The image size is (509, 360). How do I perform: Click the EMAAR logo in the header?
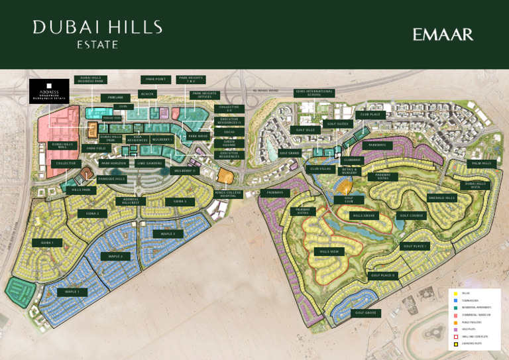tap(443, 34)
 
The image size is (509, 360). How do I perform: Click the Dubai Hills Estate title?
tap(97, 34)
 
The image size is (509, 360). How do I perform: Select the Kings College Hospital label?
tap(229, 194)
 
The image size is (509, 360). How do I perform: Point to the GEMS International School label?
tap(314, 93)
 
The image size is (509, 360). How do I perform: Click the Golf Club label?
tap(349, 199)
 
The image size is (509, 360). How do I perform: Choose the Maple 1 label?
tap(72, 292)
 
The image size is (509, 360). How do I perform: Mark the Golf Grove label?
tap(365, 313)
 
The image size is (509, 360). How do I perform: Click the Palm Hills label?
tap(481, 163)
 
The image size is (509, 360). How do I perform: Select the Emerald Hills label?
tap(442, 198)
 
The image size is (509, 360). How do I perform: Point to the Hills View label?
tap(329, 252)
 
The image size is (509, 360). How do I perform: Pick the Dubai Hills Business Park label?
tap(91, 80)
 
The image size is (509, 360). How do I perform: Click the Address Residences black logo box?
tap(48, 92)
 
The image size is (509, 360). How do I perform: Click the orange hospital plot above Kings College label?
tap(226, 177)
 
